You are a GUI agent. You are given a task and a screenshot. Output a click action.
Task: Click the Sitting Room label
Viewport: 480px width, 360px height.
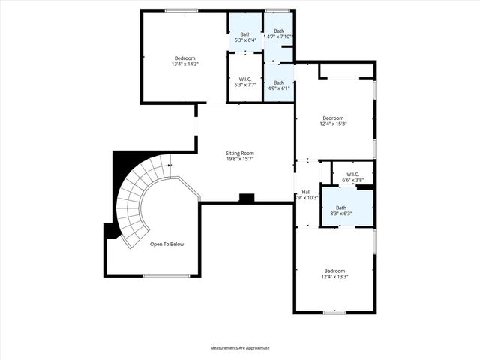(x=241, y=153)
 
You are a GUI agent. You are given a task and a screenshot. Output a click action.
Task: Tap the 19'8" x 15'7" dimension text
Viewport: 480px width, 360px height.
(x=241, y=159)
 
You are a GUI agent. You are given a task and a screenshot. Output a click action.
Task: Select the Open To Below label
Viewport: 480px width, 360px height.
(x=166, y=244)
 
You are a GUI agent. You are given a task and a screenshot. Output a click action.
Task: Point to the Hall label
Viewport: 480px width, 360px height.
(x=306, y=191)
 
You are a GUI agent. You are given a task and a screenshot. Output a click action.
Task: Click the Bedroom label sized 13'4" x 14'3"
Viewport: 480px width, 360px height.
(x=184, y=58)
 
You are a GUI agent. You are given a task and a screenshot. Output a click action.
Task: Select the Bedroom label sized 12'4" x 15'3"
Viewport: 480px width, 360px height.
(x=333, y=118)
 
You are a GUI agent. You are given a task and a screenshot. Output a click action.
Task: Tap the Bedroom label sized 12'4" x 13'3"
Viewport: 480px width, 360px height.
(x=334, y=271)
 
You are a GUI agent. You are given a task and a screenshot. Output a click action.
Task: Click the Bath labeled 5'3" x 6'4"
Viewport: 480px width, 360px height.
(x=245, y=34)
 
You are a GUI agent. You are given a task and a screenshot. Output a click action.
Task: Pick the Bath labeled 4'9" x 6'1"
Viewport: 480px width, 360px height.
(x=279, y=82)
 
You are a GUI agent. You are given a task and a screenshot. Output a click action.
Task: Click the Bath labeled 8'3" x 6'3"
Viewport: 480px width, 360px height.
(x=341, y=208)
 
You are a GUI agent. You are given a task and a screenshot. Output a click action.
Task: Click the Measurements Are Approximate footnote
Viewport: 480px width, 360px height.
(x=240, y=348)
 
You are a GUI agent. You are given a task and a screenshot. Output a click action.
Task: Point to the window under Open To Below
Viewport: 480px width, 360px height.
(x=166, y=276)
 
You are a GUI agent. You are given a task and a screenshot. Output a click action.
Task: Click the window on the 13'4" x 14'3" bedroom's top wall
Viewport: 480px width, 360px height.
(x=181, y=10)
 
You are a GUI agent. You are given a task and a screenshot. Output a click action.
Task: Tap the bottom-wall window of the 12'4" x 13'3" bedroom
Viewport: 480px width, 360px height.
(x=334, y=312)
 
